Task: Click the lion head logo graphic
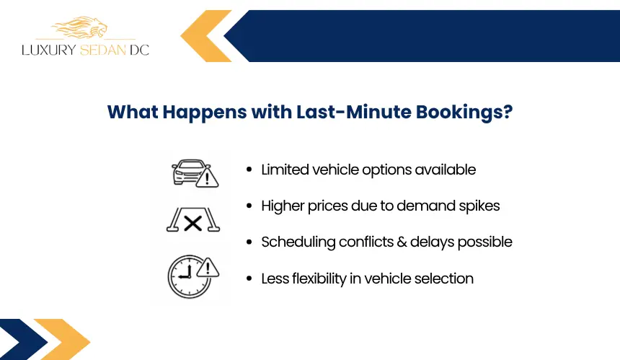(x=80, y=27)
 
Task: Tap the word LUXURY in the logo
(x=48, y=50)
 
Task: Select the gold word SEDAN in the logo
(x=103, y=50)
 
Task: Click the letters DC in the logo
(x=139, y=50)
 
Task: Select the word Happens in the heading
(x=205, y=113)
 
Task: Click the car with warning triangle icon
(x=195, y=173)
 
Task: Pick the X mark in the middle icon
(x=193, y=224)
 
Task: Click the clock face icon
(x=189, y=277)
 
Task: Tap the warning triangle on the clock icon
(x=208, y=268)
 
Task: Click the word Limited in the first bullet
(x=285, y=170)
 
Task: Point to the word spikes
(x=479, y=206)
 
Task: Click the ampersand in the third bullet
(x=402, y=242)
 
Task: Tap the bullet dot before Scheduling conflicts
(x=249, y=242)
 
